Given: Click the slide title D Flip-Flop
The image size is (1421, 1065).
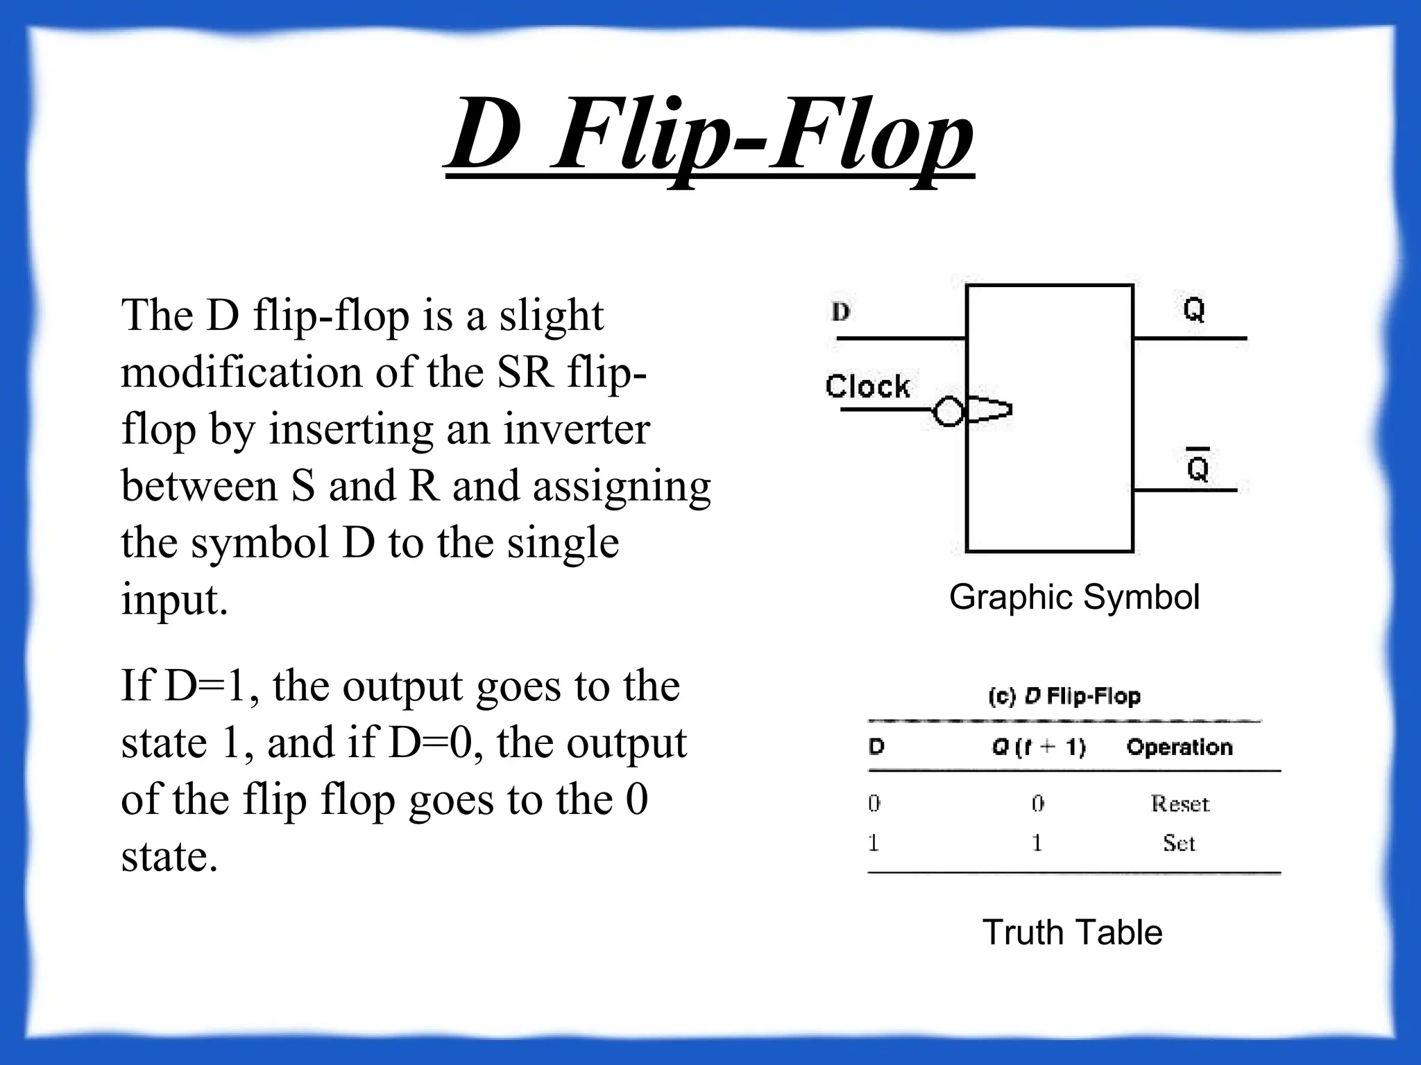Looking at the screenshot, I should [709, 135].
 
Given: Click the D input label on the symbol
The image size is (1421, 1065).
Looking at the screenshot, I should [840, 312].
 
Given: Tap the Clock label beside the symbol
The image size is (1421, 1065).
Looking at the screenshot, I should [867, 386].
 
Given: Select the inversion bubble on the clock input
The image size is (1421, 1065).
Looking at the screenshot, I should [948, 411].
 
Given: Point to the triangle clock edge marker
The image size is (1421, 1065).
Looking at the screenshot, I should [988, 410].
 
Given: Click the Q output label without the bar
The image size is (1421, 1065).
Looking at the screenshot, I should [1193, 309].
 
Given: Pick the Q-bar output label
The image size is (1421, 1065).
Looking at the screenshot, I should [1198, 466].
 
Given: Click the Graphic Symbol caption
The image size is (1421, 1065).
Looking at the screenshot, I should [1074, 597].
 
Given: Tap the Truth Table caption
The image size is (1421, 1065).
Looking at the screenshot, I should [1072, 932].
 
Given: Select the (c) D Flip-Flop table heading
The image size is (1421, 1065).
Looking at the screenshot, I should [1064, 696].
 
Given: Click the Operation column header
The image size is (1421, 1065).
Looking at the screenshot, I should [1180, 747].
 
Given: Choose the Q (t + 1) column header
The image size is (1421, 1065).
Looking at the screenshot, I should [1039, 747].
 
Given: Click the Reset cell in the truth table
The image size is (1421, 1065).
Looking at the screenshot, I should [1180, 804].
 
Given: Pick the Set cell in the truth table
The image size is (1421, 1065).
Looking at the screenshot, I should [1179, 843].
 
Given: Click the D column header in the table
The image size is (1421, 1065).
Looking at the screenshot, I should [876, 747].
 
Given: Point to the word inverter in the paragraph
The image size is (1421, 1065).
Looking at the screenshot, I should [576, 429].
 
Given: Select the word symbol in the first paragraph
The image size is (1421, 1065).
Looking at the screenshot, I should [259, 543].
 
